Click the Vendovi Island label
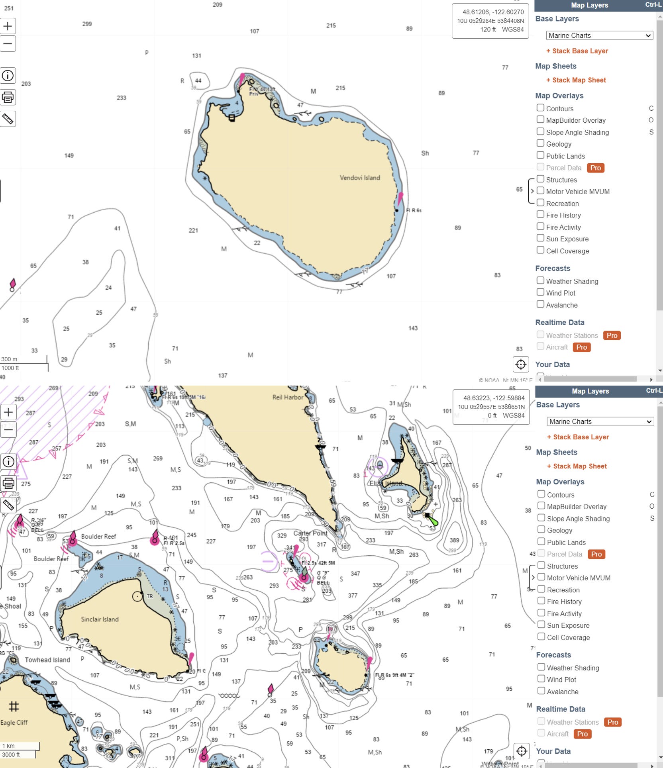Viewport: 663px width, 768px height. point(360,178)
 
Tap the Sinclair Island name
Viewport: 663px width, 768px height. point(100,619)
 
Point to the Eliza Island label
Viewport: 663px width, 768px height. point(385,483)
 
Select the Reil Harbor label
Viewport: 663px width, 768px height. point(288,397)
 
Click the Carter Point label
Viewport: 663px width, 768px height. point(310,533)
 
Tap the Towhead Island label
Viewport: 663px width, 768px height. point(47,660)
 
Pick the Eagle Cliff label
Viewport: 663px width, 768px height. point(14,722)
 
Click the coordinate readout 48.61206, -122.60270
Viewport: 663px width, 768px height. point(493,12)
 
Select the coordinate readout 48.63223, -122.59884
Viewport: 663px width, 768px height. point(494,398)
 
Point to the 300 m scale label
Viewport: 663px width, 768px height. point(9,359)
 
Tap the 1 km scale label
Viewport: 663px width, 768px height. point(8,746)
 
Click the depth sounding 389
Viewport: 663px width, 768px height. point(454,540)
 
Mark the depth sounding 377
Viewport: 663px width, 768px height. point(353,595)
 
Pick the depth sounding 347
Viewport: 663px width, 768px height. point(355,573)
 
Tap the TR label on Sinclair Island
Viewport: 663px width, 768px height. point(150,596)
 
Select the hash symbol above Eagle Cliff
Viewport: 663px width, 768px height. point(14,706)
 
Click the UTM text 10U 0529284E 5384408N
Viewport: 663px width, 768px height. point(490,21)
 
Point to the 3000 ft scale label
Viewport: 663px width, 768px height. point(11,754)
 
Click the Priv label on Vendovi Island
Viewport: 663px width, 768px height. point(254,94)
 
